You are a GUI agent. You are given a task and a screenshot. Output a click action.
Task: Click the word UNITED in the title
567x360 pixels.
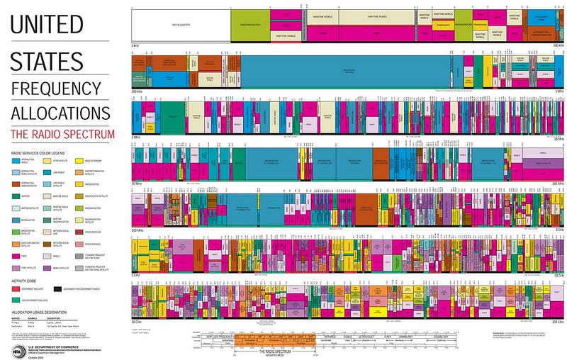47,25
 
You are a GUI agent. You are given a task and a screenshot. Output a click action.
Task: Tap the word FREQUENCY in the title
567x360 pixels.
56,88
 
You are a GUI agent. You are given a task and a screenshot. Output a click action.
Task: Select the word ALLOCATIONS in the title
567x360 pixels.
60,113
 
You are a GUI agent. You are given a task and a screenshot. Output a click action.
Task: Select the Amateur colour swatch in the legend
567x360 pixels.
16,195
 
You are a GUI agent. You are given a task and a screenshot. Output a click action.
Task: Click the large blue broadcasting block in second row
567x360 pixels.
344,71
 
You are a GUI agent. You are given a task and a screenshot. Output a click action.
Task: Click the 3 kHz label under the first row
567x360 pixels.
135,45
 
